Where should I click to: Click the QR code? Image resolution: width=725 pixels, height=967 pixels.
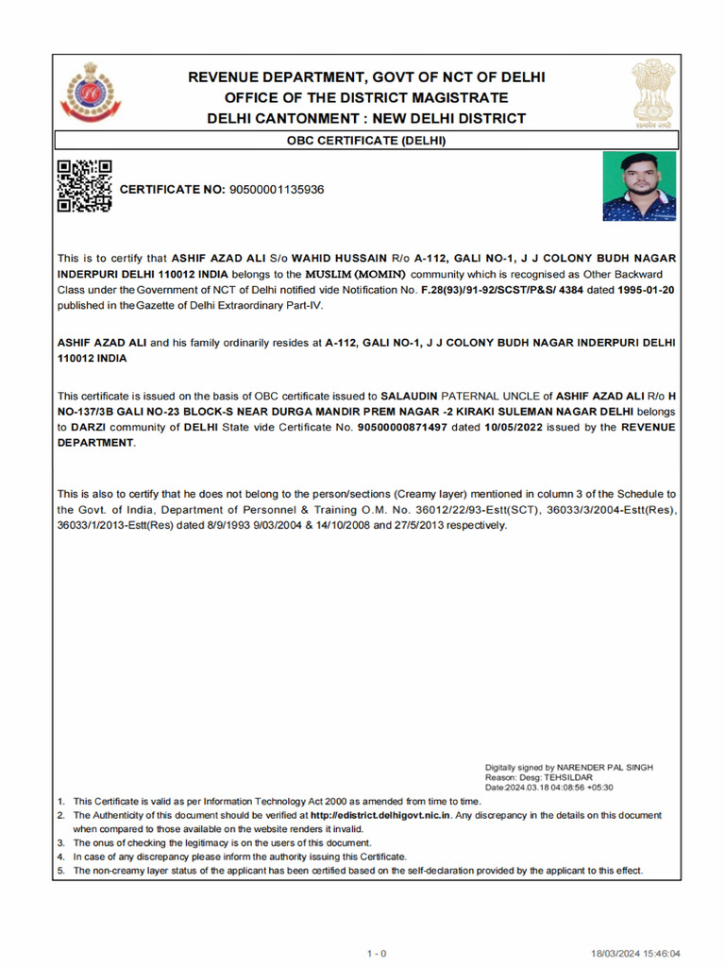tap(84, 186)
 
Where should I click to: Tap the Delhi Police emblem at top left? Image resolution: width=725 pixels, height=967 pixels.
tap(91, 94)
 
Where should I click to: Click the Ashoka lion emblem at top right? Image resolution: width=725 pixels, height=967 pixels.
tap(652, 93)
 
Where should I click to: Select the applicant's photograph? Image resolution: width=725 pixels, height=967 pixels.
tap(638, 187)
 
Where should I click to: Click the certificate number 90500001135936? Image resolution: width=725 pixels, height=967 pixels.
tap(277, 190)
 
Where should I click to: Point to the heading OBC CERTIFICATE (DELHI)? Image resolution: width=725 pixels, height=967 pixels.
tap(366, 142)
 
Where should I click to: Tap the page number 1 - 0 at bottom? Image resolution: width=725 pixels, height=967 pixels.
tap(377, 954)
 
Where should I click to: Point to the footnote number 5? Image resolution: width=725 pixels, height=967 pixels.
tap(60, 871)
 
